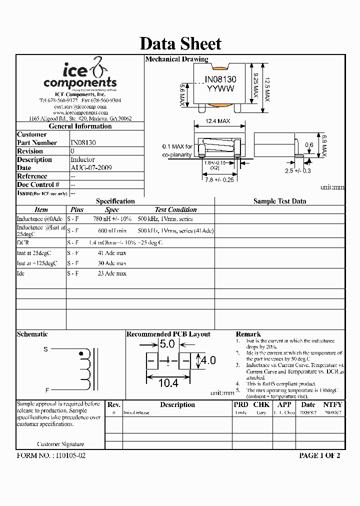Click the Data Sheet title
(180, 43)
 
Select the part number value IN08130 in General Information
(83, 142)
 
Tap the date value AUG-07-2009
(90, 168)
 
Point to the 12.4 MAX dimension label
(218, 121)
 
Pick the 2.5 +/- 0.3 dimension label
(298, 170)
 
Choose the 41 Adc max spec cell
(112, 253)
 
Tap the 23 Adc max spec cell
(112, 273)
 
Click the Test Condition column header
(175, 210)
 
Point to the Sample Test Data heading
(279, 201)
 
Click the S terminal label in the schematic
(45, 349)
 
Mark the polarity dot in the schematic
(81, 353)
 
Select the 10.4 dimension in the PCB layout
(168, 383)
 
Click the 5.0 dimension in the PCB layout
(166, 344)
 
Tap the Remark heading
(248, 334)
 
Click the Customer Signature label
(60, 444)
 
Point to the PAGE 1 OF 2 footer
(319, 455)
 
